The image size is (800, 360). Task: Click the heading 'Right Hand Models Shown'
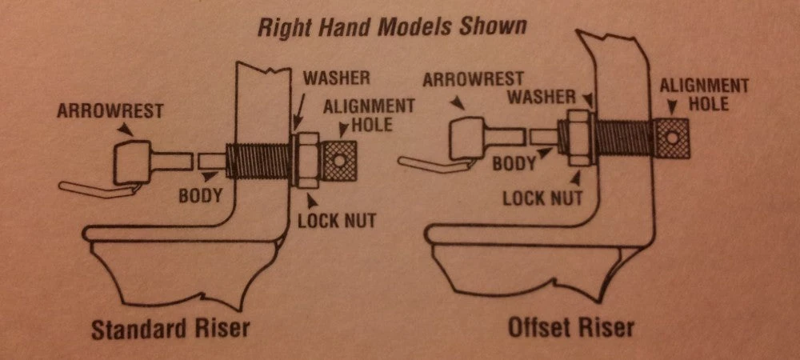pos(391,26)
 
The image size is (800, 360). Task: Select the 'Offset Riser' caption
pos(570,327)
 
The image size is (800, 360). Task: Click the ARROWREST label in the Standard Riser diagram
pos(110,110)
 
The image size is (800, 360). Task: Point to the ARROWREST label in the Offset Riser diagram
pos(473,79)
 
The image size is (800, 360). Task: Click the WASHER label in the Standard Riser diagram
pos(336,78)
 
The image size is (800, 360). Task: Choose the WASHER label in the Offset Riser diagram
pos(542,96)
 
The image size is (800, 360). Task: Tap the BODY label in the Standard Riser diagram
pos(200,195)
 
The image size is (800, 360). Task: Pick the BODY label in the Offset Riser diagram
pos(514,163)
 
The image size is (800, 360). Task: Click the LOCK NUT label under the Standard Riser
pos(337,221)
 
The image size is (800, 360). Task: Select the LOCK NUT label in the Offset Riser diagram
pos(542,198)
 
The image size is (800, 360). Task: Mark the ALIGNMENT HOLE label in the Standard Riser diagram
pos(368,114)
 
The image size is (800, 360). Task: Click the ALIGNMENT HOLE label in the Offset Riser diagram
pos(704,94)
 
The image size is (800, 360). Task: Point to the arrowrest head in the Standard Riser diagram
pos(132,162)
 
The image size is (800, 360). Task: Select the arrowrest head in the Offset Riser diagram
pos(468,138)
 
